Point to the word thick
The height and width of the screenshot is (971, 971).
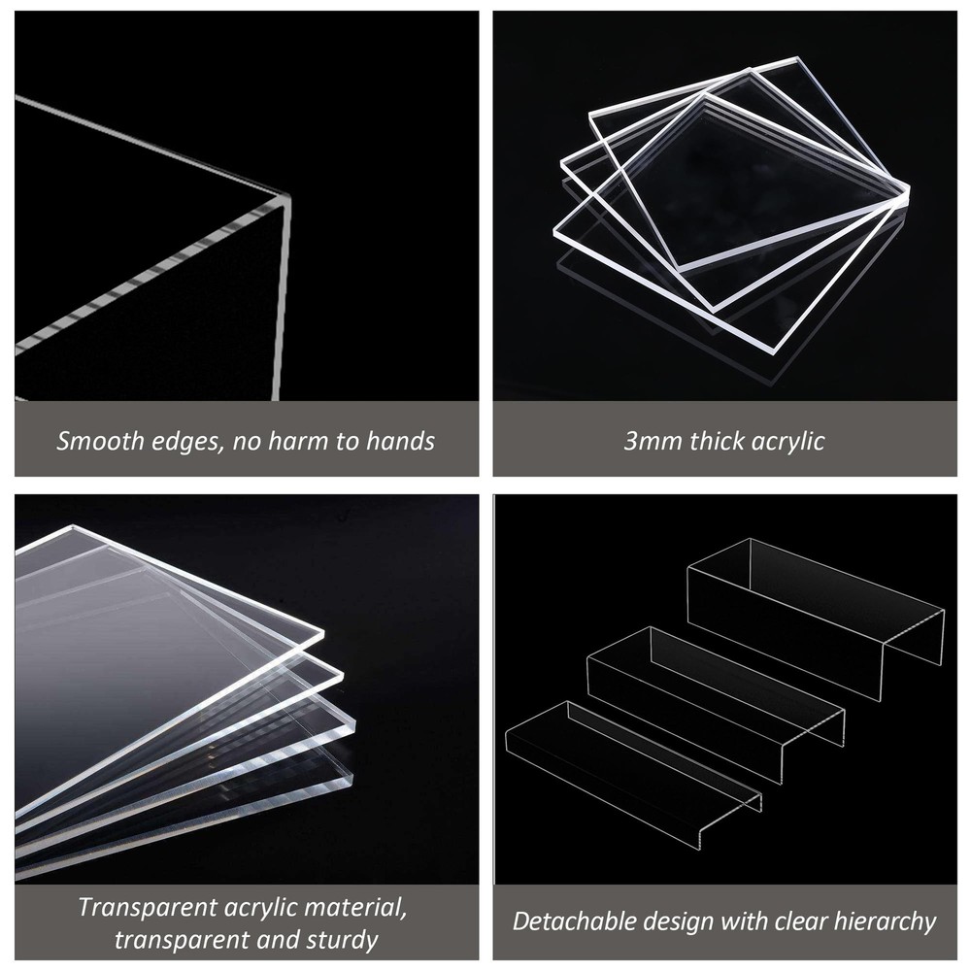pyautogui.click(x=718, y=441)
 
